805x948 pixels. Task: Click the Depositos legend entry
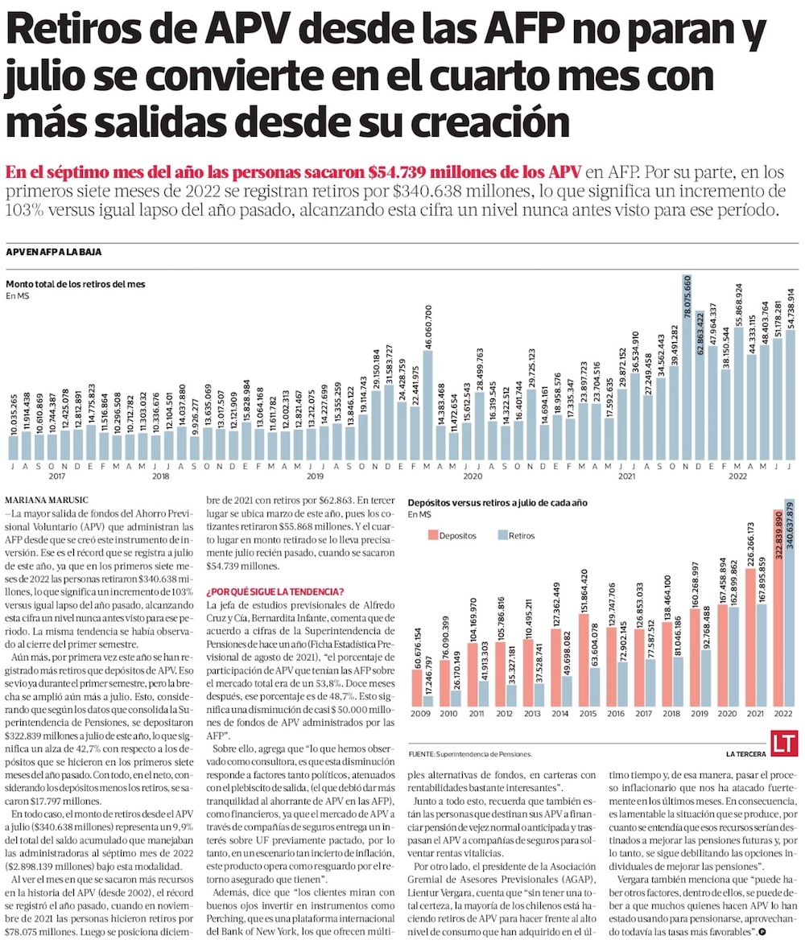tap(452, 534)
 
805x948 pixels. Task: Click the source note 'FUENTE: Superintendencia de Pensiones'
tap(470, 754)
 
